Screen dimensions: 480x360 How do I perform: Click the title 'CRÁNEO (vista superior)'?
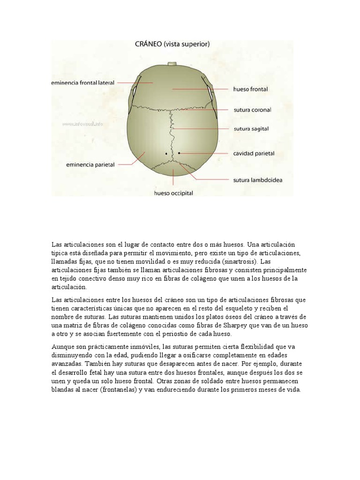pyautogui.click(x=172, y=45)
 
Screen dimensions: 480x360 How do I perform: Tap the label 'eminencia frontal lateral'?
pyautogui.click(x=83, y=83)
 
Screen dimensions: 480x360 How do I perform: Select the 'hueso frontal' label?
pyautogui.click(x=250, y=89)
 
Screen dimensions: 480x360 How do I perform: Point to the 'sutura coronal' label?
pyautogui.click(x=252, y=110)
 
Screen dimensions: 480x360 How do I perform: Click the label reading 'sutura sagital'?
pyautogui.click(x=251, y=128)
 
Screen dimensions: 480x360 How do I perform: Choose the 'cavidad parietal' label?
pyautogui.click(x=254, y=153)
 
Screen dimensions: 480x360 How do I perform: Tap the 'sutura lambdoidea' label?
pyautogui.click(x=257, y=179)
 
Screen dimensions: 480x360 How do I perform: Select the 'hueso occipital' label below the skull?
pyautogui.click(x=174, y=193)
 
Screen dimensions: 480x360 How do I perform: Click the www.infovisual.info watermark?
pyautogui.click(x=82, y=124)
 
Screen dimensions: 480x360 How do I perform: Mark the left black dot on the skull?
pyautogui.click(x=166, y=153)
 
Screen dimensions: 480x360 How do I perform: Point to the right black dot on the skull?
pyautogui.click(x=180, y=153)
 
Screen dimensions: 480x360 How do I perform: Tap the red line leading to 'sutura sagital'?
pyautogui.click(x=202, y=128)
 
